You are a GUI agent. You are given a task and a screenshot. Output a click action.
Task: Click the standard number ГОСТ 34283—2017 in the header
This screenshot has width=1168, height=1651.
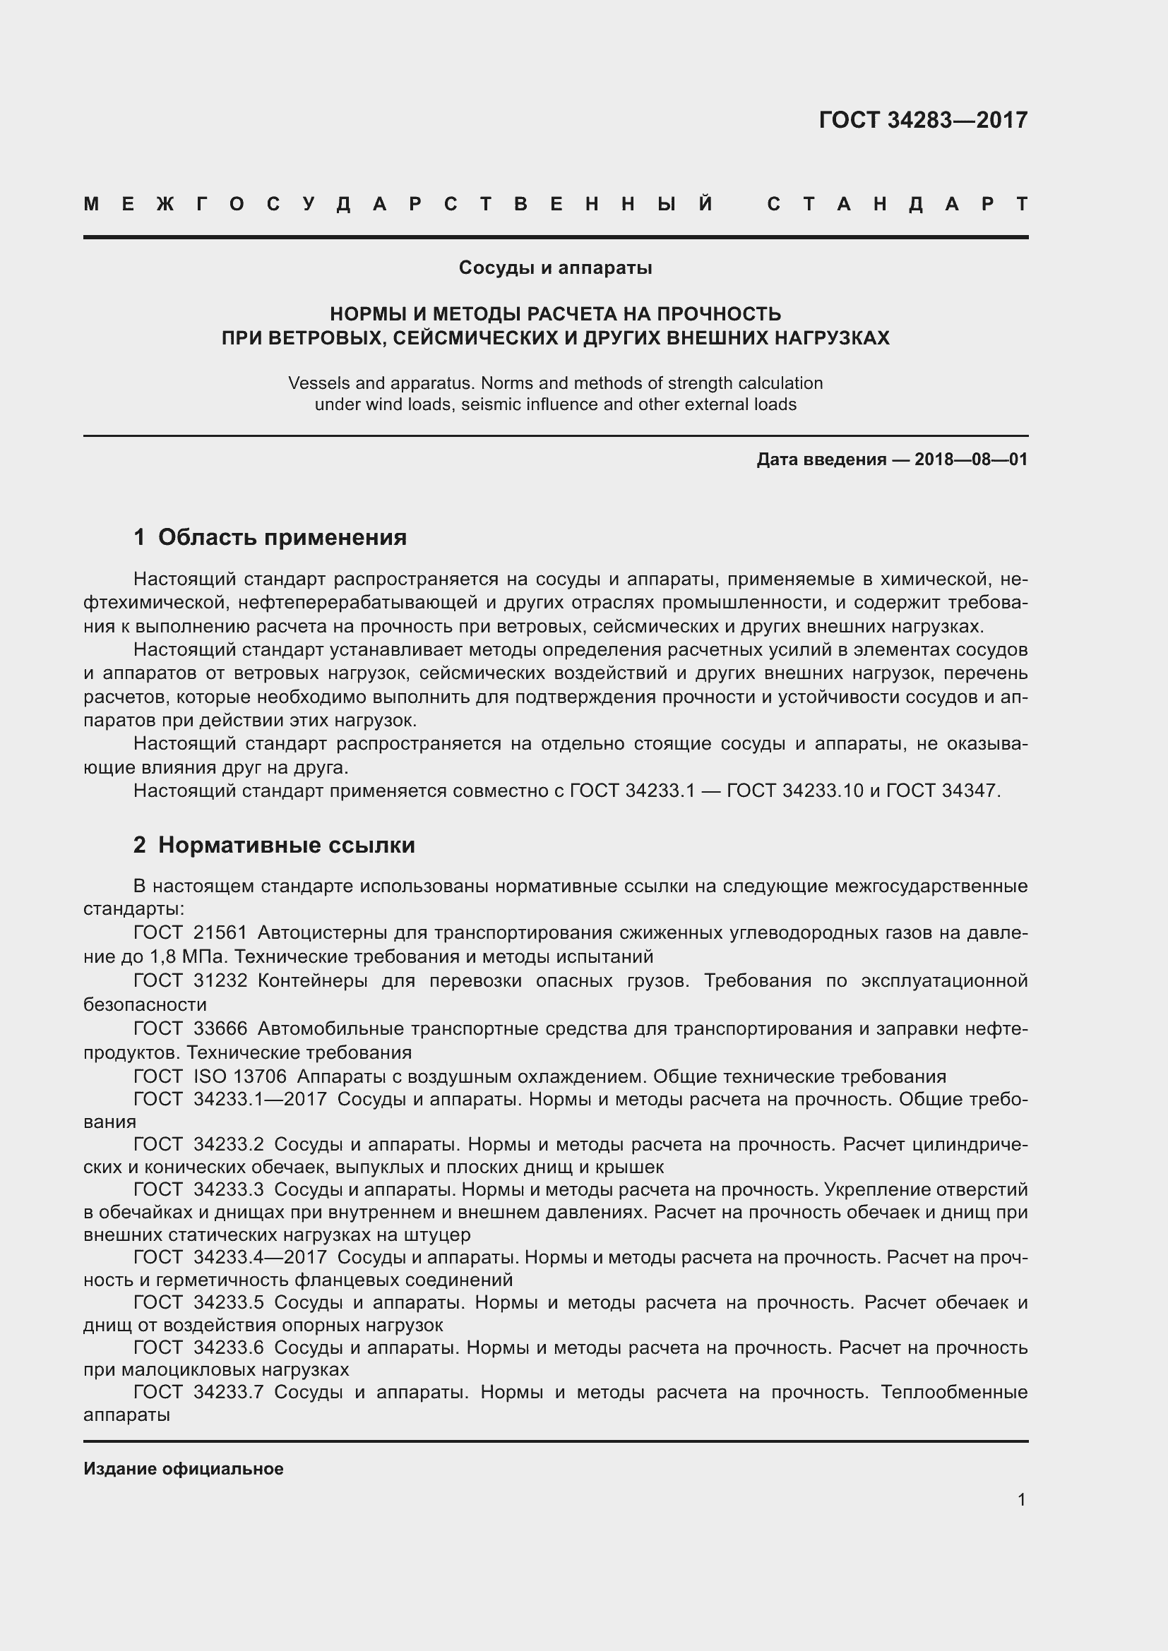(x=923, y=120)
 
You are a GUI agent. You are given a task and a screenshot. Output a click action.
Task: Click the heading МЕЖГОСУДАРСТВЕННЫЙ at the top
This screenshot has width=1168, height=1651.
(x=399, y=205)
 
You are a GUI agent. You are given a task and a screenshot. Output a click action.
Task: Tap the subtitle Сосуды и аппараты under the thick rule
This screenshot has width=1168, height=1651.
(x=555, y=268)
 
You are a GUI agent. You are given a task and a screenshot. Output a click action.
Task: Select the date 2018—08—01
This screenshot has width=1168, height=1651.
(x=971, y=460)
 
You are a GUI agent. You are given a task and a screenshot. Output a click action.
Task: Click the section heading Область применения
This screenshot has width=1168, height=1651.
(x=282, y=537)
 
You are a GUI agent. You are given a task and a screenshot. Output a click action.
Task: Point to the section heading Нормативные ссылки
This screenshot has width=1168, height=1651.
(x=286, y=845)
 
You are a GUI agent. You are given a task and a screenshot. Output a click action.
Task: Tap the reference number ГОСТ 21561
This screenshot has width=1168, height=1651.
(x=191, y=933)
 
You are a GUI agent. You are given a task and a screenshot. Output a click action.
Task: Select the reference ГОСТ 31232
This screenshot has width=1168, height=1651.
(x=191, y=981)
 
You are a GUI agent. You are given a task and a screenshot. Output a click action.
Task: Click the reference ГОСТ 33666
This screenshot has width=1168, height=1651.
(x=191, y=1029)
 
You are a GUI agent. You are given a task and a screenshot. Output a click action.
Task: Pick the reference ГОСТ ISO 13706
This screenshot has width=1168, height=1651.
(x=210, y=1076)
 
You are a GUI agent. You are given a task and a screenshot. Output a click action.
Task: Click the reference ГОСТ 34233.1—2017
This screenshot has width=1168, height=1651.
(x=230, y=1100)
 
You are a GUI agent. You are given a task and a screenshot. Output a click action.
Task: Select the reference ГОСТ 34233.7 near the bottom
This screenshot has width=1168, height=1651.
(x=198, y=1392)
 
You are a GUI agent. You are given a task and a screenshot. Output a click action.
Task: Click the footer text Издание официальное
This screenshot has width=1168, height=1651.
(x=184, y=1469)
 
